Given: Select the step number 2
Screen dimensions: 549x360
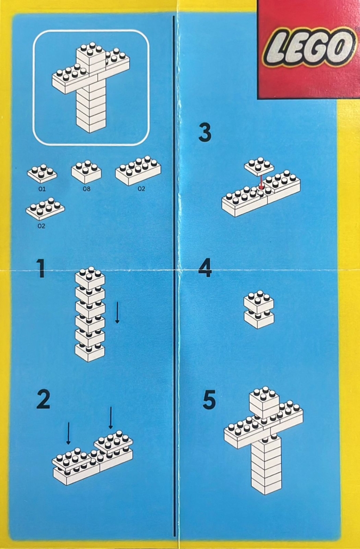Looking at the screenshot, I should coord(43,399).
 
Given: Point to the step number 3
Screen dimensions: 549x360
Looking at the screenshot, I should coord(204,133).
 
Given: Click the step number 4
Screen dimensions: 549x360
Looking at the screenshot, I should coord(204,269).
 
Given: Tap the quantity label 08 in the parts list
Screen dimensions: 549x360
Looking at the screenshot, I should coord(86,189).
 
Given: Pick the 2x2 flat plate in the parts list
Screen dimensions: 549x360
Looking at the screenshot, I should coord(42,173).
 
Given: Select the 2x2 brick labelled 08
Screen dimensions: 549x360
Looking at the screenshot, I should coord(86,172).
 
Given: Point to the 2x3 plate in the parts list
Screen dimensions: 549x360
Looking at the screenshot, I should coord(45,209).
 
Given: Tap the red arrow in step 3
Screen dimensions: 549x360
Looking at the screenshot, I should coord(260,181).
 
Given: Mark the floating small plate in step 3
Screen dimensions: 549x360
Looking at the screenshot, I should coord(259,166).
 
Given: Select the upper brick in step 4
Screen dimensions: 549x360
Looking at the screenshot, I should coord(259,302).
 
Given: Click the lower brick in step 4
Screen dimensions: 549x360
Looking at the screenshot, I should coord(259,318).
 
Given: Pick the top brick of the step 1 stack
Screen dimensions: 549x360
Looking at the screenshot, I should coord(90,277).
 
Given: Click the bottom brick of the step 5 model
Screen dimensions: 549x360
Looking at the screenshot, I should coord(266,482).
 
